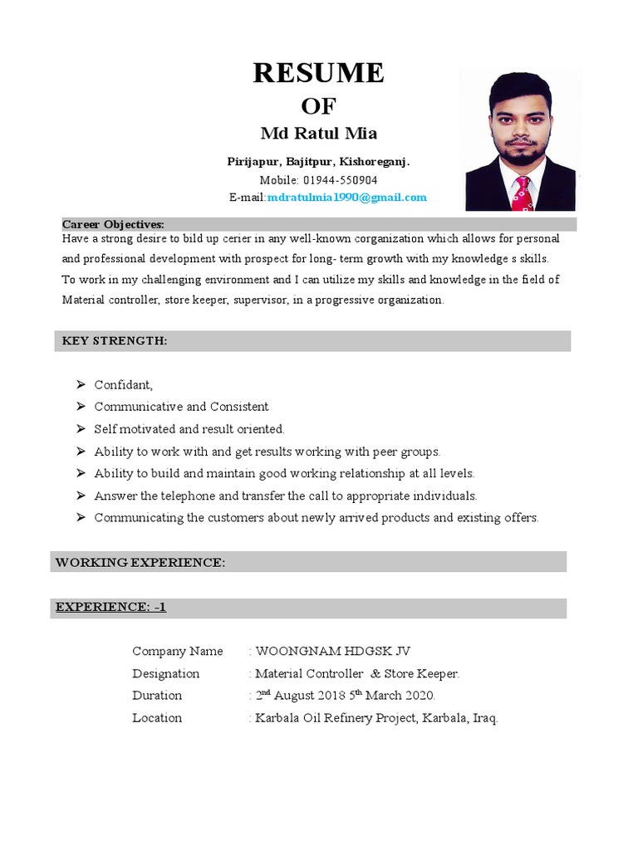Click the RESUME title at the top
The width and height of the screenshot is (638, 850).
pyautogui.click(x=318, y=73)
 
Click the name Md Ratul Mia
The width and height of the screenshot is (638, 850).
pyautogui.click(x=318, y=134)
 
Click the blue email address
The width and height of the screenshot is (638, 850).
pyautogui.click(x=347, y=198)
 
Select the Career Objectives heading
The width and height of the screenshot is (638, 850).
pyautogui.click(x=113, y=224)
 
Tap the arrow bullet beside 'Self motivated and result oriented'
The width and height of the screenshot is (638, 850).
pyautogui.click(x=80, y=429)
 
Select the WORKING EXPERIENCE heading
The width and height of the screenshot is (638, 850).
pyautogui.click(x=140, y=562)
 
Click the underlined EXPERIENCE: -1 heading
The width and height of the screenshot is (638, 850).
pyautogui.click(x=110, y=607)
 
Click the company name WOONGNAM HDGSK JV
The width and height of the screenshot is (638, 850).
pyautogui.click(x=332, y=652)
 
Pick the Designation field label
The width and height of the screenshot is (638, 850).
pyautogui.click(x=166, y=674)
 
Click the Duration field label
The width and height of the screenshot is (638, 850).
pyautogui.click(x=157, y=696)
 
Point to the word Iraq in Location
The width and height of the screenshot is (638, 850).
pyautogui.click(x=483, y=718)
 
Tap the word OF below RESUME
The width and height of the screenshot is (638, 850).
pyautogui.click(x=318, y=106)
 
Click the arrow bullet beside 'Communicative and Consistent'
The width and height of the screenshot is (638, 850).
pyautogui.click(x=80, y=407)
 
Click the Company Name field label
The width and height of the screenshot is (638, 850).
pyautogui.click(x=178, y=652)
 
